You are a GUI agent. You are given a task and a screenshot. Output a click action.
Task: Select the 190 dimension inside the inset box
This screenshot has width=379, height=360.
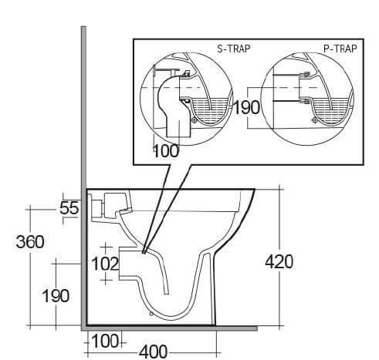click(x=247, y=107)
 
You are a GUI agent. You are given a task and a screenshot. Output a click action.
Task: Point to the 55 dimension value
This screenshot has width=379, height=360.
click(x=70, y=207)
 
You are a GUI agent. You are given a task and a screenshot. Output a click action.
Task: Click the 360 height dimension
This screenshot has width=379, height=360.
click(x=30, y=241)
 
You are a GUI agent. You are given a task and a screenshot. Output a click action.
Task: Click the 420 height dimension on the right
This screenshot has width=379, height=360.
click(x=278, y=262)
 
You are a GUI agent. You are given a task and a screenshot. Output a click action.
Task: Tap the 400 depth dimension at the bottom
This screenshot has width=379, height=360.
click(x=154, y=352)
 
